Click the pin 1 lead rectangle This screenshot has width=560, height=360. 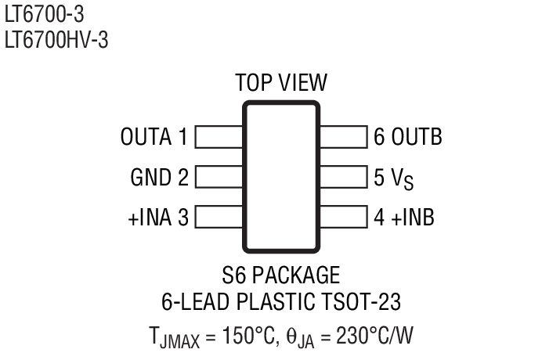(219, 138)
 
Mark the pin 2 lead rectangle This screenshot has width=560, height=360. (219, 177)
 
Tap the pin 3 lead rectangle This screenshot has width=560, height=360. (219, 216)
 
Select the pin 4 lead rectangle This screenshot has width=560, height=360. (344, 216)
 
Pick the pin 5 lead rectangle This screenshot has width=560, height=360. (344, 177)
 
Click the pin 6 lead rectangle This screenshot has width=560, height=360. (344, 138)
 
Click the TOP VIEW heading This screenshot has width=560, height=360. (281, 83)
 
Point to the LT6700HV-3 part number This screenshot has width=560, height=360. (56, 39)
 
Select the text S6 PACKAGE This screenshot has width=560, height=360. (281, 275)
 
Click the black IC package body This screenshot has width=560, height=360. (281, 178)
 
